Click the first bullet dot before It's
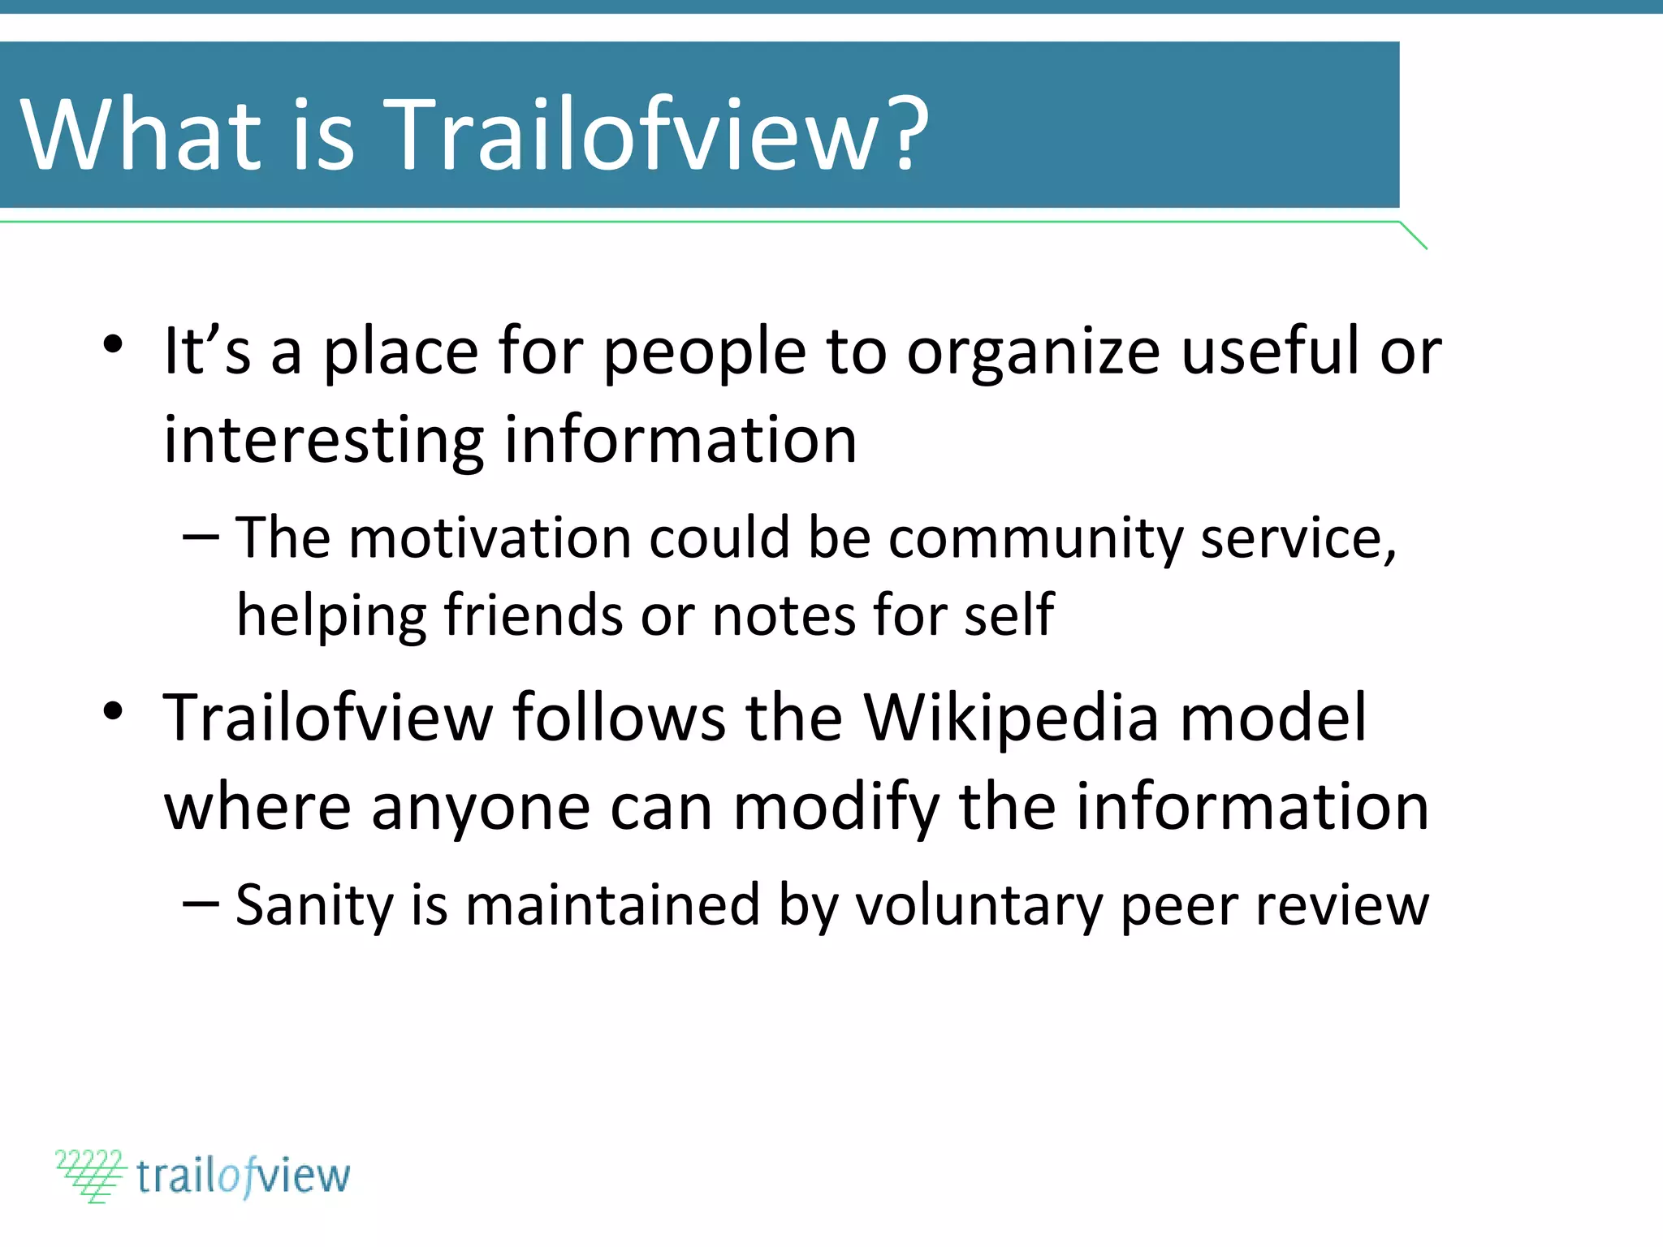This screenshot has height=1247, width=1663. (x=113, y=345)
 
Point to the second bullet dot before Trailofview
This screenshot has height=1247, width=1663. (x=113, y=712)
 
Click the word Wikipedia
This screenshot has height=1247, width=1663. (x=1011, y=718)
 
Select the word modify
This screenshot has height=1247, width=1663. (x=836, y=809)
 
